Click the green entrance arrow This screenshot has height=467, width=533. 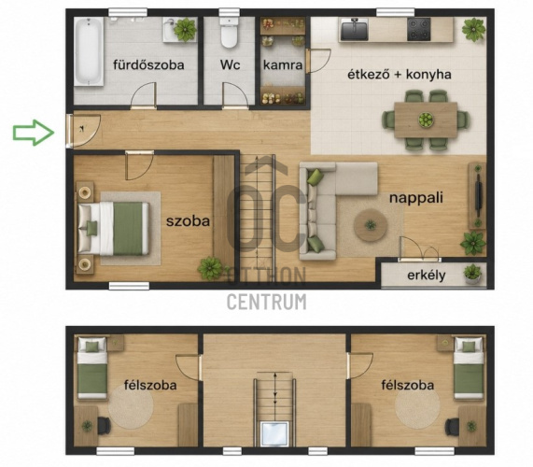(34, 133)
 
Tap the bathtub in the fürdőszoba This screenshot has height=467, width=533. (89, 51)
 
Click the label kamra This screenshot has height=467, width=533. (283, 65)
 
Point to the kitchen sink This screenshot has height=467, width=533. (354, 29)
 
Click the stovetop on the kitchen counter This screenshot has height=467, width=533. (419, 29)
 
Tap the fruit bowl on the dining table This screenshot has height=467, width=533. (426, 120)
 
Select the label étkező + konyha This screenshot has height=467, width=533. (400, 74)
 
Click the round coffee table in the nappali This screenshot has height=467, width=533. (371, 225)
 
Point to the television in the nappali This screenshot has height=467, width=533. (479, 195)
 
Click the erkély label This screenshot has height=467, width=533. (427, 276)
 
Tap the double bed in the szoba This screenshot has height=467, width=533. (114, 228)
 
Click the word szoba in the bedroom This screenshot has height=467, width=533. (188, 221)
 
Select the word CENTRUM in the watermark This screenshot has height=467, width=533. (267, 302)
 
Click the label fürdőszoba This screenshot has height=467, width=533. (148, 64)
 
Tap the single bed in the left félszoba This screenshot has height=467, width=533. (92, 368)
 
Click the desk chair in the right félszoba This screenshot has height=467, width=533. (452, 426)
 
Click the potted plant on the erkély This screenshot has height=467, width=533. (472, 274)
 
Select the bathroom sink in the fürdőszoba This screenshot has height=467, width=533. (172, 30)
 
